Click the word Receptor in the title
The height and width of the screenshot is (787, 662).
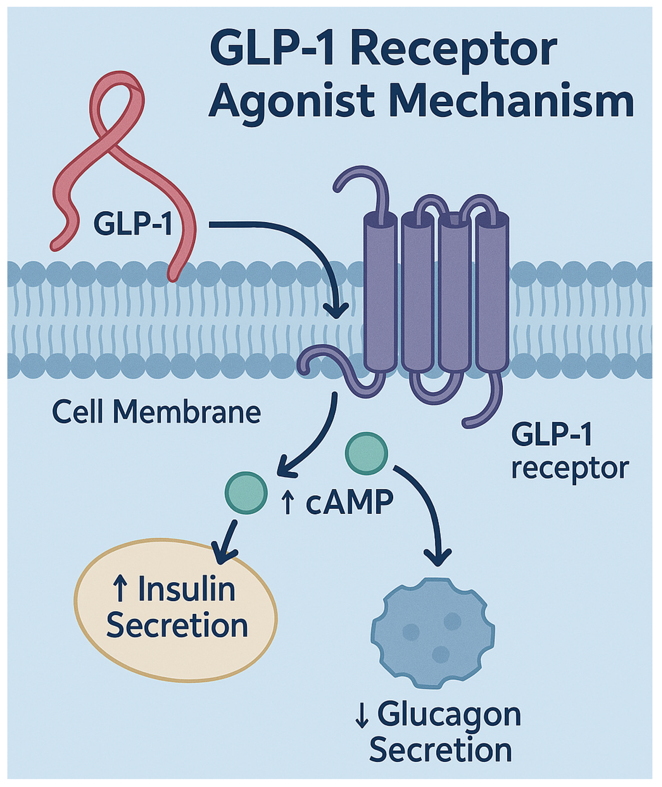click(453, 49)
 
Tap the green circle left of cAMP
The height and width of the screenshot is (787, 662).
click(246, 493)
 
